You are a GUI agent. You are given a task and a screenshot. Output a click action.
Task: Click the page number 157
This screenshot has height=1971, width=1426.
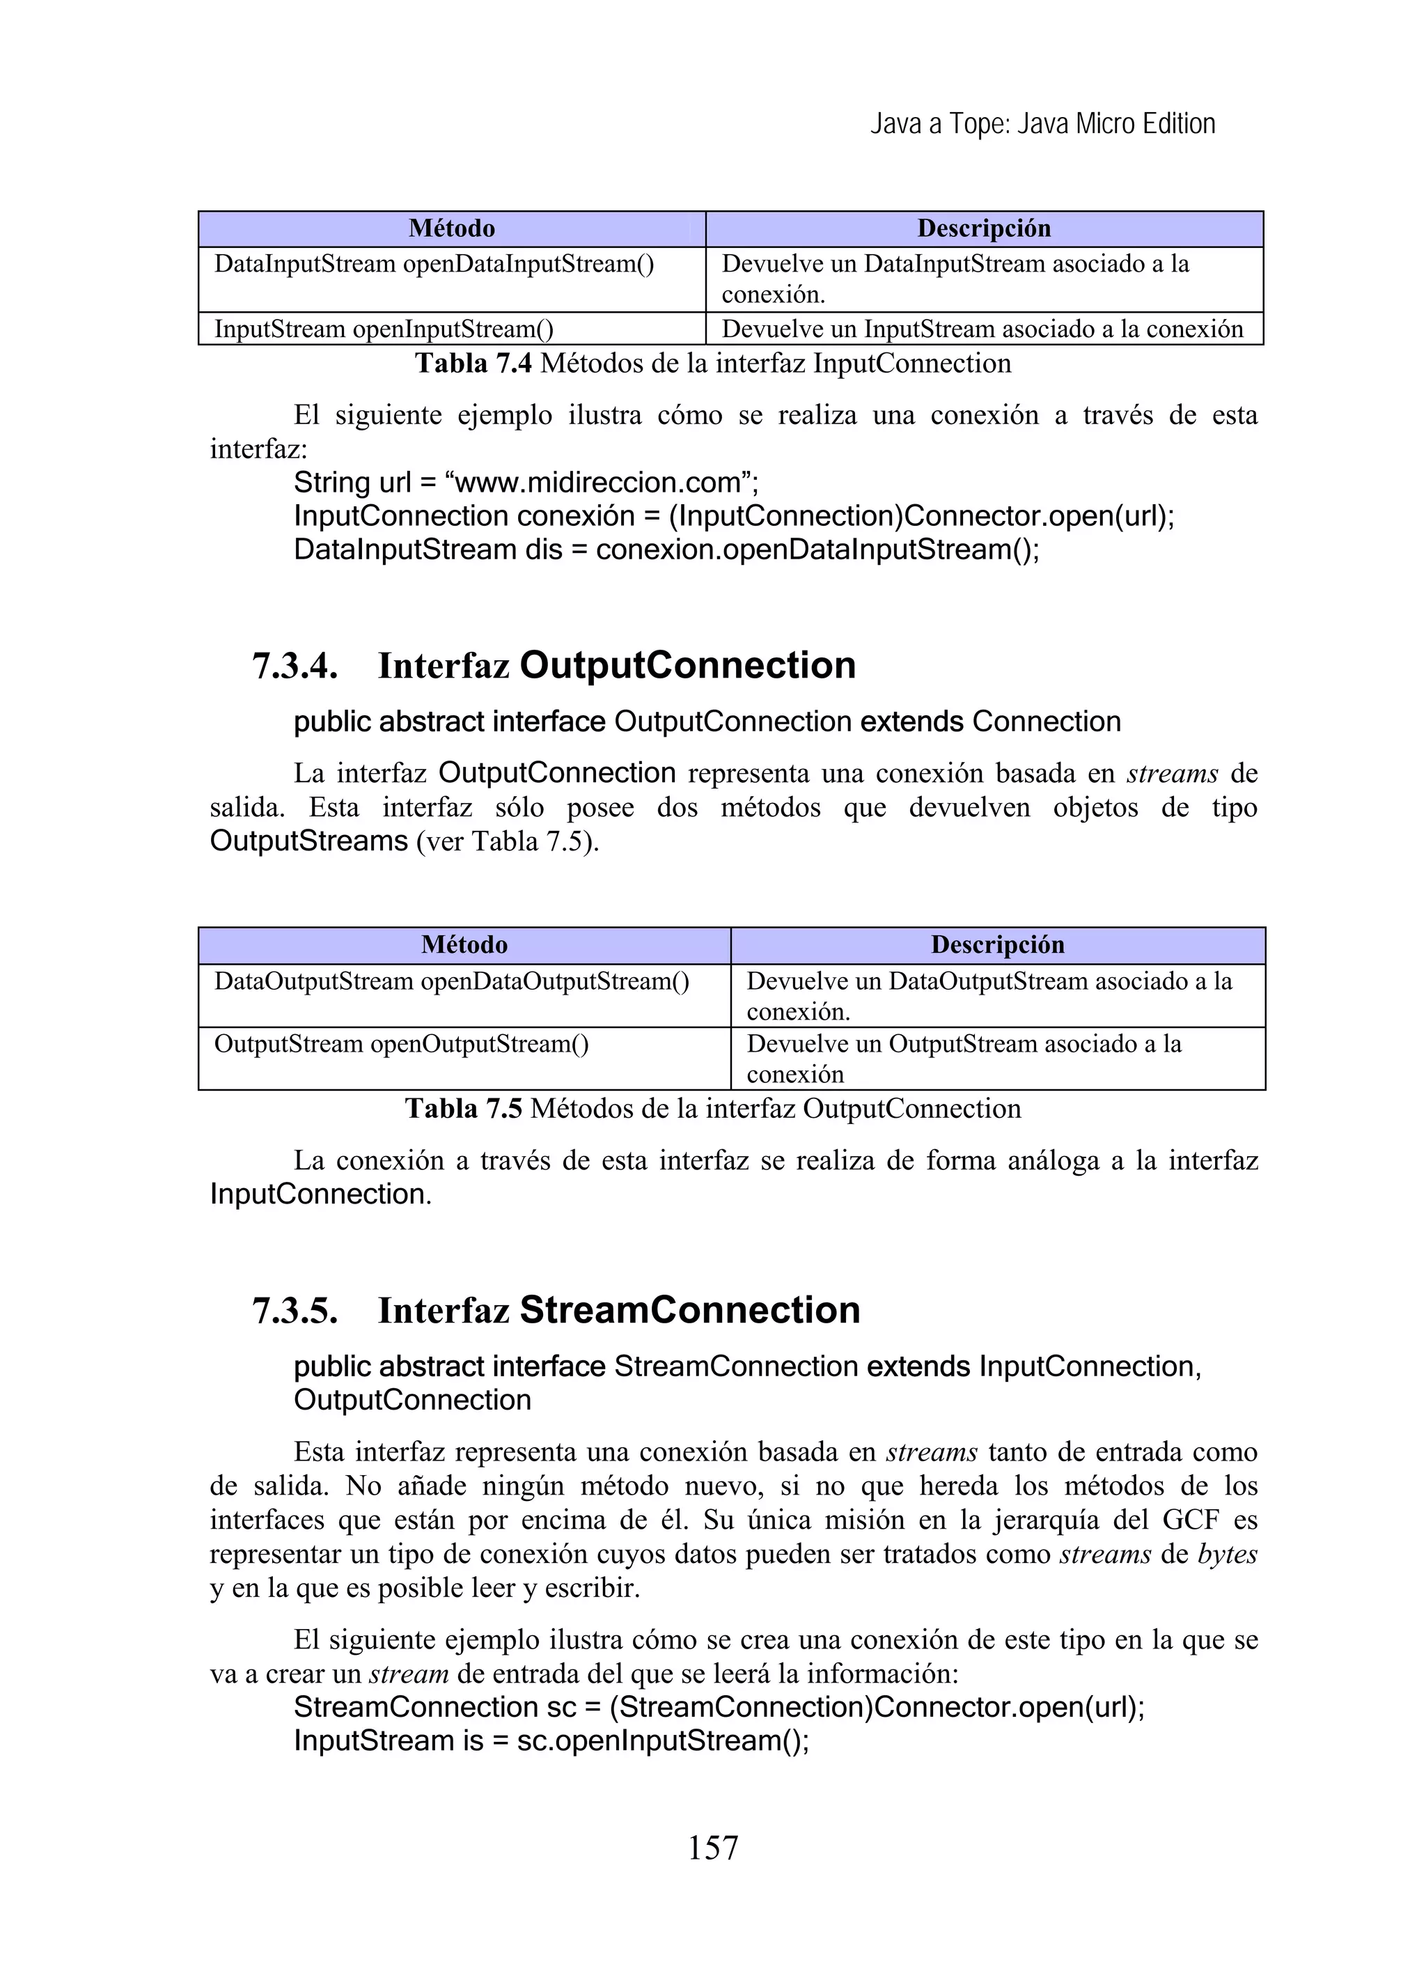click(x=712, y=1847)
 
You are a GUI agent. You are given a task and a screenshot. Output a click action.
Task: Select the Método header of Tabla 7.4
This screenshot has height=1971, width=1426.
click(x=452, y=228)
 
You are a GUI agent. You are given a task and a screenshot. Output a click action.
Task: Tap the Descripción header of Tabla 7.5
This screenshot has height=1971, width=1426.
click(x=996, y=944)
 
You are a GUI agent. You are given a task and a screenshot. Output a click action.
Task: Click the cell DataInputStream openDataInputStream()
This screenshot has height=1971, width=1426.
click(x=434, y=263)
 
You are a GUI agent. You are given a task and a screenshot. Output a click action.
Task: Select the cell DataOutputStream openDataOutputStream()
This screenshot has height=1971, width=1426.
click(x=451, y=981)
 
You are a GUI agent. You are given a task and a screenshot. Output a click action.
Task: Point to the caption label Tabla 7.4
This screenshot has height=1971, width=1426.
click(x=473, y=364)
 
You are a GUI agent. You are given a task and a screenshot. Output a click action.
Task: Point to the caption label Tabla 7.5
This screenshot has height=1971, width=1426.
click(x=463, y=1109)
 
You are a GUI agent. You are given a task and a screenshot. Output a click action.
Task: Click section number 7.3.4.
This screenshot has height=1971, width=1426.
click(x=295, y=667)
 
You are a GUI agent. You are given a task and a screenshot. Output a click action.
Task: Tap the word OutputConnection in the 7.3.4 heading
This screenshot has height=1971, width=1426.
click(x=687, y=666)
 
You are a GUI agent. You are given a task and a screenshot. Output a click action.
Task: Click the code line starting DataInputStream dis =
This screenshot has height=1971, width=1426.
click(x=666, y=550)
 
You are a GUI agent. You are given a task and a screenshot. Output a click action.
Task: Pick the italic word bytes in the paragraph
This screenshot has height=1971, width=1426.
click(x=1227, y=1554)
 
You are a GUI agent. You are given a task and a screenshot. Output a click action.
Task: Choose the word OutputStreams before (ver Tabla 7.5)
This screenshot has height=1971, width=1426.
click(x=308, y=841)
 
